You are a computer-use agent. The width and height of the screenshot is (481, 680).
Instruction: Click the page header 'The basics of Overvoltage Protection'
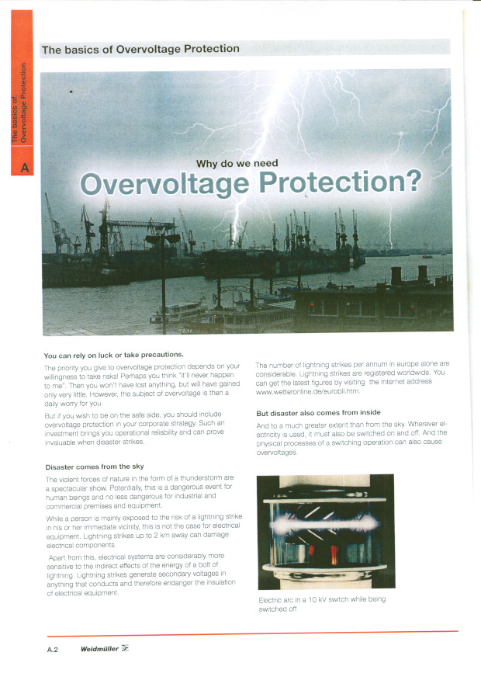pos(140,49)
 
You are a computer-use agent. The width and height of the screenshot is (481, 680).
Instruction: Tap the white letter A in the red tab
pos(24,167)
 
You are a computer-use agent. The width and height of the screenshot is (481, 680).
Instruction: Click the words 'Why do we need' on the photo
pos(237,163)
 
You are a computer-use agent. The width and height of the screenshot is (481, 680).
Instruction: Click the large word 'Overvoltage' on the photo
pos(165,184)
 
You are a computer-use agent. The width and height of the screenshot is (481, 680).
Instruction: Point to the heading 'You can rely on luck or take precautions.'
pos(113,355)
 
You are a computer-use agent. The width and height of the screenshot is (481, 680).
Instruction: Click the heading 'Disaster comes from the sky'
pos(95,467)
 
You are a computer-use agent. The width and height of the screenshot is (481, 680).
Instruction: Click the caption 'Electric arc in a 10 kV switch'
pos(321,599)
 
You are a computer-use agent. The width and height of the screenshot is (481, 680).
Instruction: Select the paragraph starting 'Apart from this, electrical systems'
pos(140,575)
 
